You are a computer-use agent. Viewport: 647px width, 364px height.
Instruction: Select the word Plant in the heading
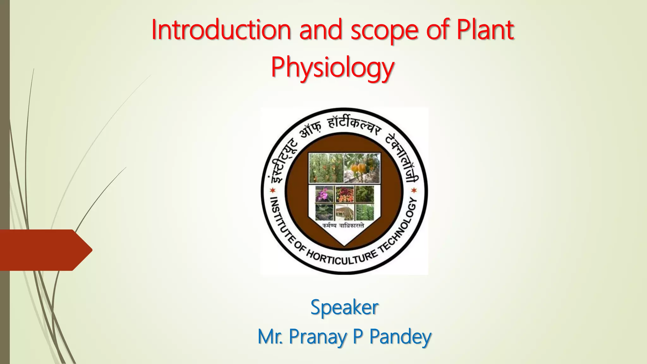pyautogui.click(x=485, y=30)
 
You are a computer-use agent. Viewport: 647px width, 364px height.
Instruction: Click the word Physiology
pyautogui.click(x=332, y=68)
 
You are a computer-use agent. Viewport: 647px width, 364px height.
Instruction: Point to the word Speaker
pyautogui.click(x=344, y=307)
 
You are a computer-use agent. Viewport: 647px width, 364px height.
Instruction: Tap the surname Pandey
pyautogui.click(x=400, y=337)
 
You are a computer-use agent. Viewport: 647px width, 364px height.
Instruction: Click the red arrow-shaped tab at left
pyautogui.click(x=44, y=250)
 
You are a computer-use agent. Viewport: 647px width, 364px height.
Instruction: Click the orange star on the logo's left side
pyautogui.click(x=272, y=191)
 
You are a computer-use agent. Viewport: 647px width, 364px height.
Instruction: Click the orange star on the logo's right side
pyautogui.click(x=414, y=190)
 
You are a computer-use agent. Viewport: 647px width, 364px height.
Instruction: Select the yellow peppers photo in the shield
pyautogui.click(x=362, y=168)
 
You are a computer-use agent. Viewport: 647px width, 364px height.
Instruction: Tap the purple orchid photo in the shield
pyautogui.click(x=324, y=194)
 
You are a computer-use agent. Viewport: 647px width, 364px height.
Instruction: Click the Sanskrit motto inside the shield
pyautogui.click(x=343, y=226)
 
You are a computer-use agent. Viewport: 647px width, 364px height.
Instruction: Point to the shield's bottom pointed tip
pyautogui.click(x=344, y=244)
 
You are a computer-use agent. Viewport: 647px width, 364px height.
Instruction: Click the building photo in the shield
pyautogui.click(x=344, y=212)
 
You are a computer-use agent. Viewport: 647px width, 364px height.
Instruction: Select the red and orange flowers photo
pyautogui.click(x=345, y=194)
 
